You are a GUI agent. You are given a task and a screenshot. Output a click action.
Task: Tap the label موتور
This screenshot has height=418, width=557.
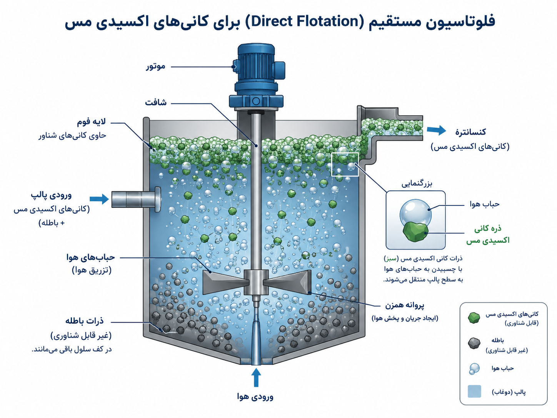pyautogui.click(x=155, y=67)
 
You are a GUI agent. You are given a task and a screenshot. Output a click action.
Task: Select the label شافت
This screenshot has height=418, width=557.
pyautogui.click(x=156, y=102)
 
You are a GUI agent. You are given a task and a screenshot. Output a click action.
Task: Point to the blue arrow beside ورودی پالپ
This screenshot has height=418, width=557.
pyautogui.click(x=99, y=199)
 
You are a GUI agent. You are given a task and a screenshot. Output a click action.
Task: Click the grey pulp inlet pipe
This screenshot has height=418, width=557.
pyautogui.click(x=136, y=199)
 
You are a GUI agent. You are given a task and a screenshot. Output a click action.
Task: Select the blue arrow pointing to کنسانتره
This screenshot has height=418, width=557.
pyautogui.click(x=436, y=130)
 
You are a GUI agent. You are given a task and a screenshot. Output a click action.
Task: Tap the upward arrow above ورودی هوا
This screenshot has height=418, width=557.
pyautogui.click(x=256, y=377)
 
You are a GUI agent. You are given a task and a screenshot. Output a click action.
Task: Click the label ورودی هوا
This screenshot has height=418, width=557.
pyautogui.click(x=255, y=396)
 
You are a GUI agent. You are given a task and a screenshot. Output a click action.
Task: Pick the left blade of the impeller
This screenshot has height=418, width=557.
pyautogui.click(x=225, y=282)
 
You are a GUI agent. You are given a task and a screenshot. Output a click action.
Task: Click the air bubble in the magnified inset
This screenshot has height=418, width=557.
pyautogui.click(x=415, y=214)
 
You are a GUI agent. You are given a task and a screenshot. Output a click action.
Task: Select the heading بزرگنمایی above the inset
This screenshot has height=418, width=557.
pyautogui.click(x=417, y=184)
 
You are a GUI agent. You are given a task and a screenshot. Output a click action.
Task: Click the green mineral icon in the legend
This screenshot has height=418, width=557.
pyautogui.click(x=474, y=318)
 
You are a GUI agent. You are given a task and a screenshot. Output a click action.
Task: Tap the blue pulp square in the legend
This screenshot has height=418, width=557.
pyautogui.click(x=474, y=391)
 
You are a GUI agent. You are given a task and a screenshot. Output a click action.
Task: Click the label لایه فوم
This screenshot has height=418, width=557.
pyautogui.click(x=91, y=122)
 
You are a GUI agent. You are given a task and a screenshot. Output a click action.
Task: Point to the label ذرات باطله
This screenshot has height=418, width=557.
pyautogui.click(x=85, y=321)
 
